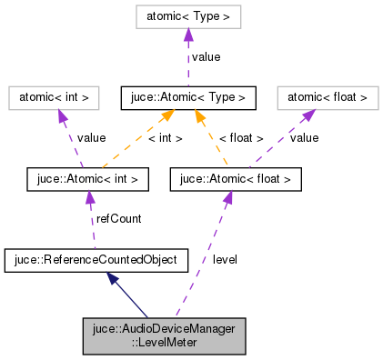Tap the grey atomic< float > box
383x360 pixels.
tap(327, 95)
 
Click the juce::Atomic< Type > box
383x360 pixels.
tap(186, 95)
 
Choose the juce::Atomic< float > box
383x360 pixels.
tap(235, 179)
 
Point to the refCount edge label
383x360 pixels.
tap(118, 219)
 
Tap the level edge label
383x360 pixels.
tap(226, 260)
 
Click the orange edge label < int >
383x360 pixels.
tap(165, 138)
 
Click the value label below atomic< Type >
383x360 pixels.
tap(206, 56)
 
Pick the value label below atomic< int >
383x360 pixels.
tap(91, 138)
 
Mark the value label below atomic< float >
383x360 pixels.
tap(303, 138)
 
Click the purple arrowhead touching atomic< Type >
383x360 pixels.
tap(186, 34)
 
